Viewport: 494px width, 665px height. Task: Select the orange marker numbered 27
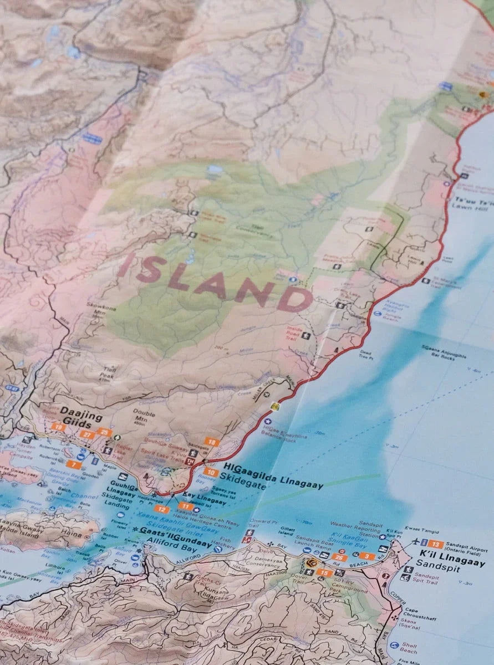(x=86, y=435)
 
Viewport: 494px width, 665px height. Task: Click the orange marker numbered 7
(x=73, y=464)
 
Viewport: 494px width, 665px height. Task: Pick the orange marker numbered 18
(x=211, y=442)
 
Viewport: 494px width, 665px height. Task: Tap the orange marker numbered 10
(x=210, y=472)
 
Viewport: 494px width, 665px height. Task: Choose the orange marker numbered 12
(x=162, y=509)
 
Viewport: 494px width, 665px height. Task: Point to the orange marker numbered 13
(x=435, y=545)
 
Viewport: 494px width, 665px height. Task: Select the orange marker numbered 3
(x=365, y=556)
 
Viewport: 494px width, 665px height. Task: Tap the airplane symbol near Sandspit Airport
(x=416, y=544)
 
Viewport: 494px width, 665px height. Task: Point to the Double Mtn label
(x=144, y=415)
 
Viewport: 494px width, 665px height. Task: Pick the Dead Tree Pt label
(x=366, y=354)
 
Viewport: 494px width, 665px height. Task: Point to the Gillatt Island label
(x=289, y=533)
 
